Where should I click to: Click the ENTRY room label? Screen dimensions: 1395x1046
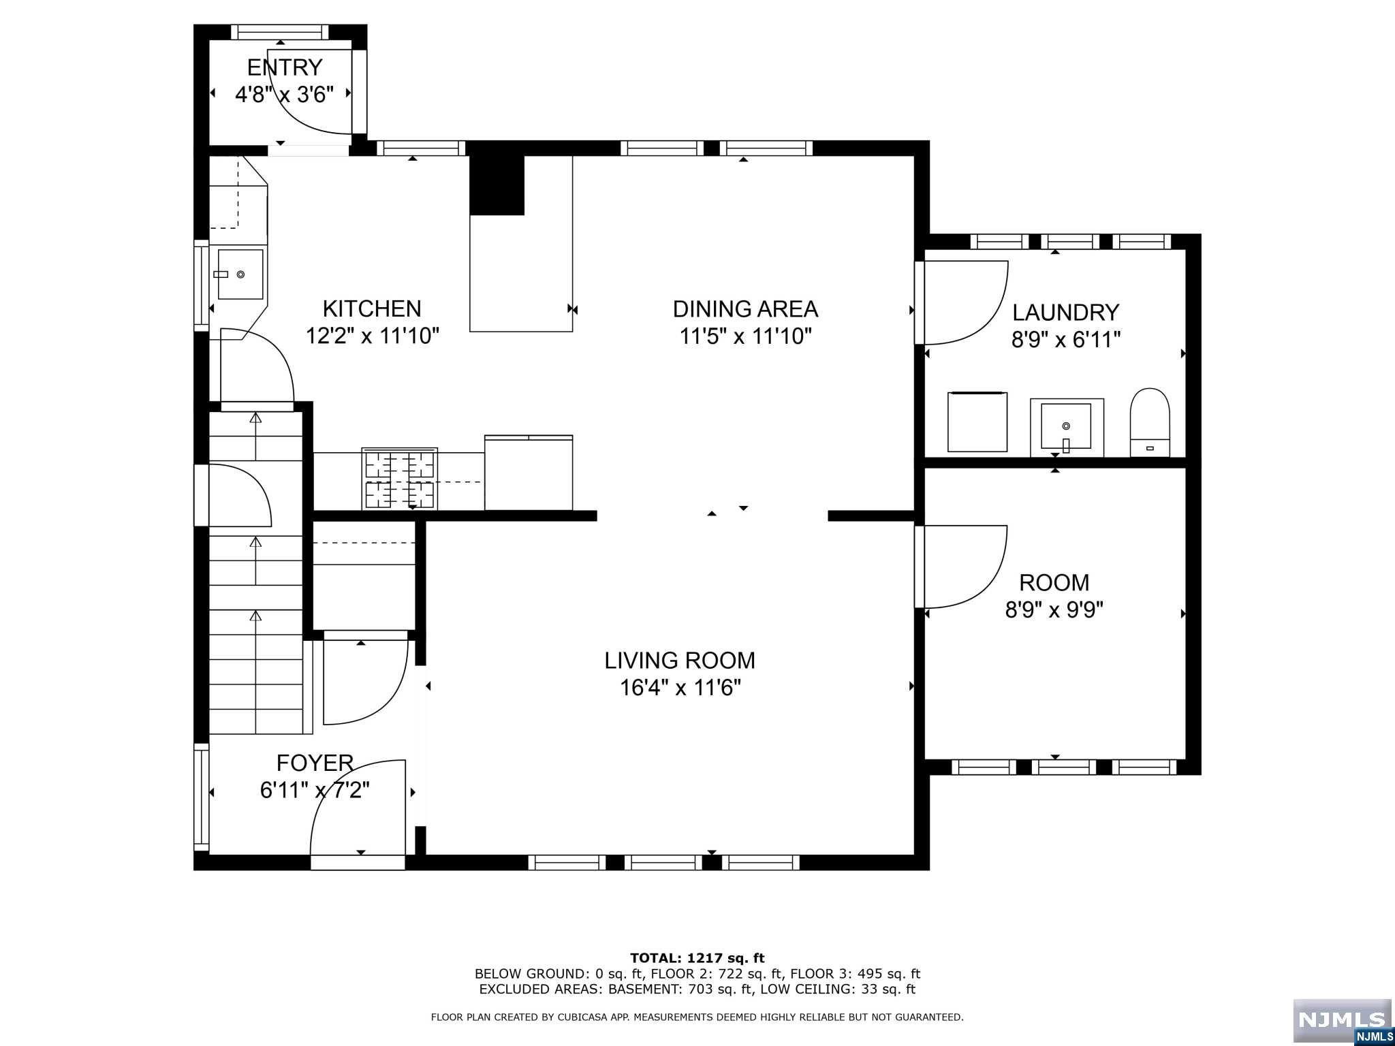pos(284,67)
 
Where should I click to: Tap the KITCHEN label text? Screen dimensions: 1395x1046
pos(372,309)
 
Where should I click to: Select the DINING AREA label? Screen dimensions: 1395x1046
pos(745,309)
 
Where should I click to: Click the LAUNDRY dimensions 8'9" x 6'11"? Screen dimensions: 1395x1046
pos(1066,339)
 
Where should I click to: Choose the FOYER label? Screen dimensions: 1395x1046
pos(315,763)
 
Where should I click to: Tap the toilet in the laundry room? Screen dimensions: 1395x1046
pos(1150,422)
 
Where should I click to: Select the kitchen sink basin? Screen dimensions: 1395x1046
pos(240,274)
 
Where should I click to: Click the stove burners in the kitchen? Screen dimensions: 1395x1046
pos(400,479)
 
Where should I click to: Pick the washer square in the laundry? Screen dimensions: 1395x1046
pos(977,421)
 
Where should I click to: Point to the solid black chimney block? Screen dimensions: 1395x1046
pos(497,185)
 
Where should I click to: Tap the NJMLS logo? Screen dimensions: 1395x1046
pos(1342,1021)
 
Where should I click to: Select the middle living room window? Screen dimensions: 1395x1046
pos(663,863)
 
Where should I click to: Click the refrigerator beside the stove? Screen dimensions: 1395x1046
pos(529,473)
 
